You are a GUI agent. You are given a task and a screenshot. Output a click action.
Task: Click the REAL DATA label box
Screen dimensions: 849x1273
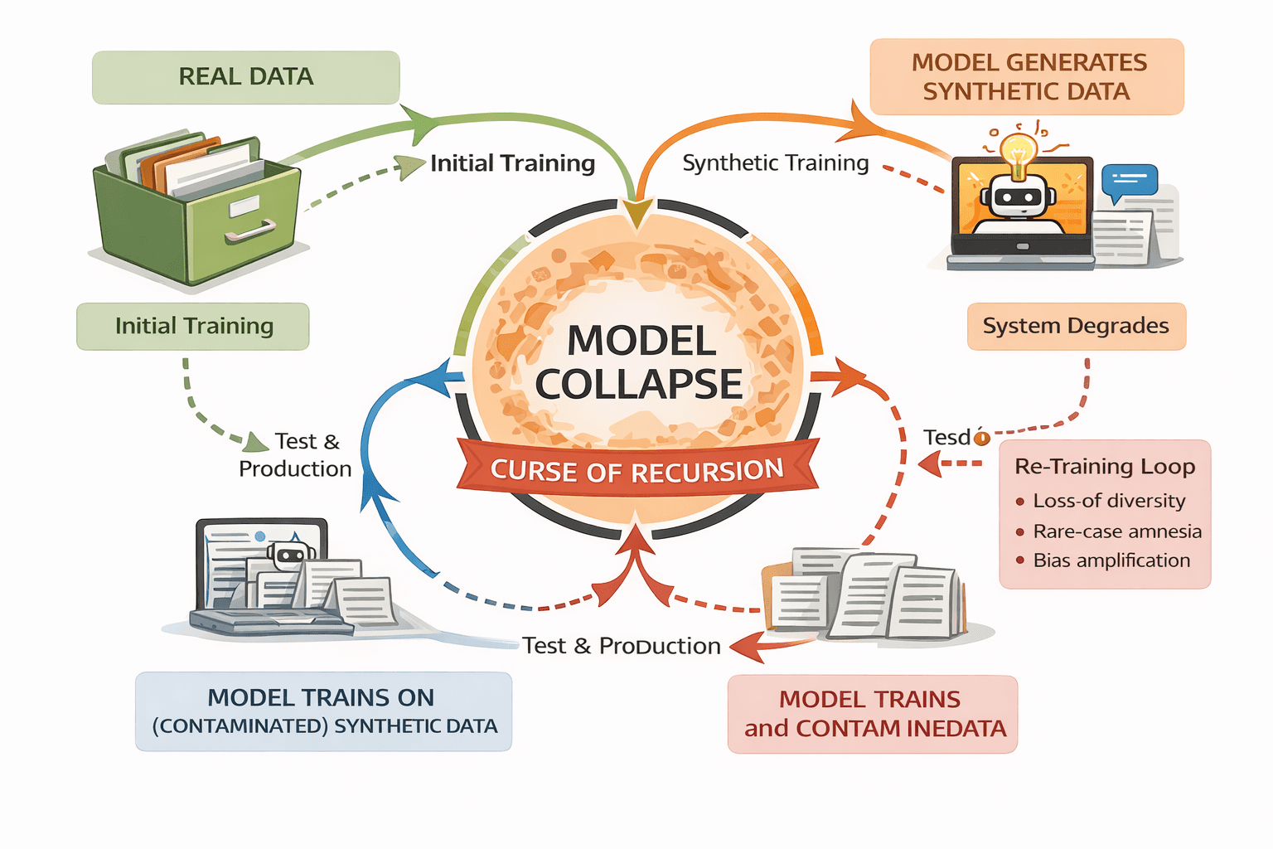tap(245, 77)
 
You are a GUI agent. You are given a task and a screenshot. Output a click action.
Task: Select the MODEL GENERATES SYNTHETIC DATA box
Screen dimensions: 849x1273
tap(1026, 76)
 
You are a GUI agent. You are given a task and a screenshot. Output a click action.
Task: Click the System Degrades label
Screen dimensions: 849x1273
tap(1076, 326)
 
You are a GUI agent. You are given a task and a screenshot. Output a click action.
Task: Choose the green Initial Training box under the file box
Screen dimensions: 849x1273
tap(193, 326)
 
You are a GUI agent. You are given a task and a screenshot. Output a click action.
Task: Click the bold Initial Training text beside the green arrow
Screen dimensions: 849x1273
tap(512, 163)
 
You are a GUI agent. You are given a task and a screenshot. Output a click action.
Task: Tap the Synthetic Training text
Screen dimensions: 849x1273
tap(775, 163)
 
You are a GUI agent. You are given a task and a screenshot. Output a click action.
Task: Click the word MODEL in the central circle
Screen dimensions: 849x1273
tap(641, 341)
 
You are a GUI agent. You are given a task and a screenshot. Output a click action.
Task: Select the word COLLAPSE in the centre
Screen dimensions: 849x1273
tap(638, 384)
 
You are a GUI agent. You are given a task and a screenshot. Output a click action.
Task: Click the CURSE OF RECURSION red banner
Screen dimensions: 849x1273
tap(636, 471)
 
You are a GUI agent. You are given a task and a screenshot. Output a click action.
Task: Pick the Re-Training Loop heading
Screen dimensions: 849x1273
tap(1105, 467)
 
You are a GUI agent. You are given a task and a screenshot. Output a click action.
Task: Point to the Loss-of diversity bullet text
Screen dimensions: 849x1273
tap(1109, 501)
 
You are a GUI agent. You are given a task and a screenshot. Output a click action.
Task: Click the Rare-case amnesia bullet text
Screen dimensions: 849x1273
tap(1117, 531)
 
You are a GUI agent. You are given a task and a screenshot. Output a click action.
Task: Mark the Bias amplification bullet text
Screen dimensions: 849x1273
tap(1111, 560)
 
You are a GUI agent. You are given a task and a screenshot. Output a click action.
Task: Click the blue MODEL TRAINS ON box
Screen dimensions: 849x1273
tap(323, 711)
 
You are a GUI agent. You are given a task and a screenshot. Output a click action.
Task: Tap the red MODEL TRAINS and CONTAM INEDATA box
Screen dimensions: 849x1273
tap(873, 714)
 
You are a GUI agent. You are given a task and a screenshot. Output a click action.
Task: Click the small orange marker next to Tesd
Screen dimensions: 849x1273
tap(982, 437)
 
